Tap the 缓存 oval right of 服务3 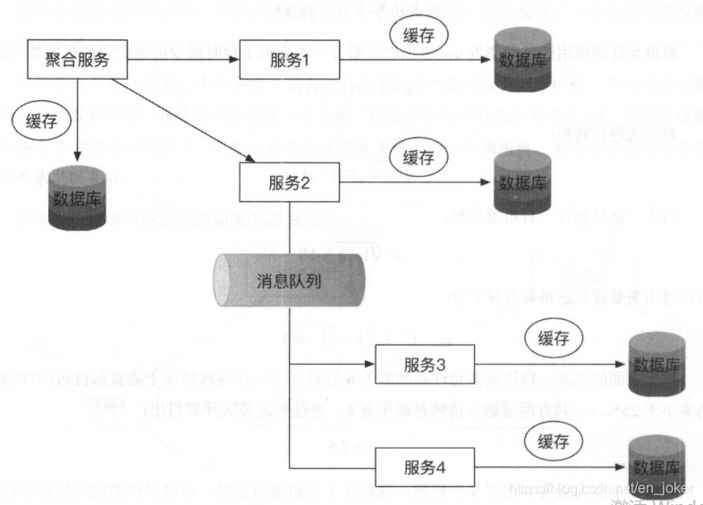(x=554, y=338)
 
